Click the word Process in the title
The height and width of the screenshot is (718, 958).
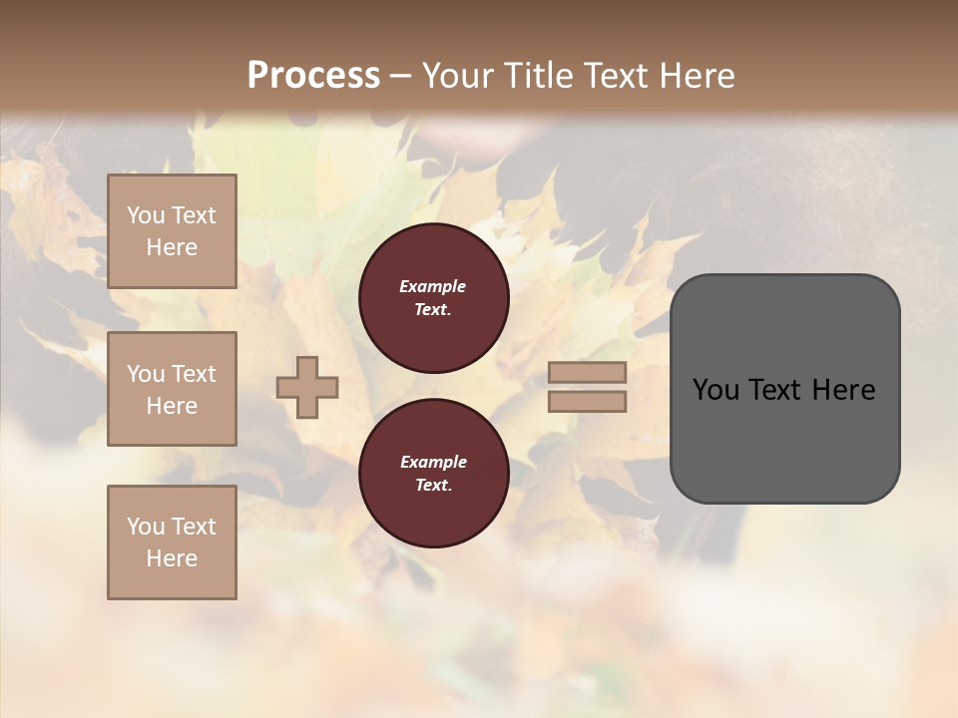(313, 76)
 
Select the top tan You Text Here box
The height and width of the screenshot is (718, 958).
(172, 231)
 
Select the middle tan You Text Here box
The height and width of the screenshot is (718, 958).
(172, 389)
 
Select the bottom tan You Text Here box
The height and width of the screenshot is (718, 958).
(172, 542)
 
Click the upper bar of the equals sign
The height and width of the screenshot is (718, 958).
(587, 373)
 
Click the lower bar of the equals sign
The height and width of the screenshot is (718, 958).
(587, 402)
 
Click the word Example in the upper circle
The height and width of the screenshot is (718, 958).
(433, 286)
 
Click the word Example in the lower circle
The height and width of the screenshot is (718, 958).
(433, 462)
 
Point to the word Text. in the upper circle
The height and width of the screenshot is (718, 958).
(433, 309)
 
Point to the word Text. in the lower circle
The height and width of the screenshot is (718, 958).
(433, 485)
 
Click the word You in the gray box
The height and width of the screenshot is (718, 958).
(715, 390)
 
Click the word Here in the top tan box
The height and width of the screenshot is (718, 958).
(172, 247)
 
